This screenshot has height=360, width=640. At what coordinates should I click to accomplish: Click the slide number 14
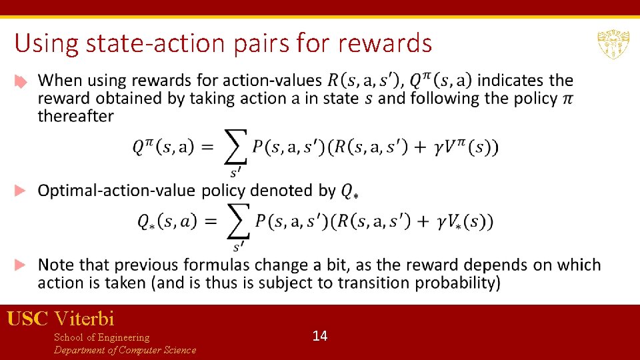[x=320, y=336]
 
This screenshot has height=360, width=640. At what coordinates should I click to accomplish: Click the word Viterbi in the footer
[x=85, y=318]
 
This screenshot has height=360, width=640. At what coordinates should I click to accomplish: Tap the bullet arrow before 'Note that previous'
[x=21, y=265]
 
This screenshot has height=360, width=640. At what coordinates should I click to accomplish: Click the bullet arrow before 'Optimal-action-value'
[x=21, y=191]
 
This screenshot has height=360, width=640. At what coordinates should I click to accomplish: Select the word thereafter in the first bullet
[x=75, y=116]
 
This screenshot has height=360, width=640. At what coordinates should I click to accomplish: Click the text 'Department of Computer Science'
[x=125, y=350]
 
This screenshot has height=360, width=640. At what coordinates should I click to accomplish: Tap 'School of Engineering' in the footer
[x=101, y=337]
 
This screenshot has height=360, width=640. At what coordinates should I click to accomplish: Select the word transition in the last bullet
[x=375, y=283]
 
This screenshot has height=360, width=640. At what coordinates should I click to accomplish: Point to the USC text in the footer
[x=27, y=318]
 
